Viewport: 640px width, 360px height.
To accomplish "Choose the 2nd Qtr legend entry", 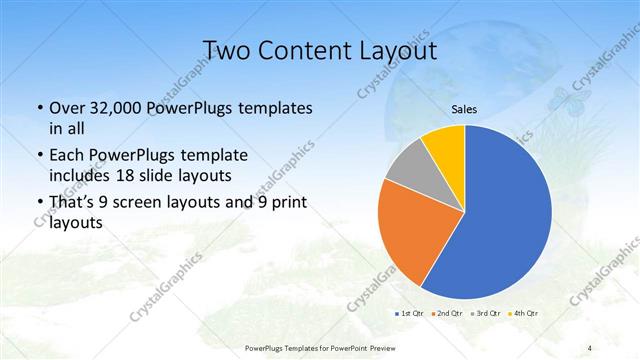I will [x=446, y=313].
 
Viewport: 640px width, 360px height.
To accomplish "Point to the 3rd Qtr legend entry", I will [x=486, y=313].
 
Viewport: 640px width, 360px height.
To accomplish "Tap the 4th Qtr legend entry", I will [x=525, y=313].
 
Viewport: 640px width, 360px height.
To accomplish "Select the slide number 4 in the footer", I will [x=589, y=347].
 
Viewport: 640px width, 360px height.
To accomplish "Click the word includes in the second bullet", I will [x=79, y=176].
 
